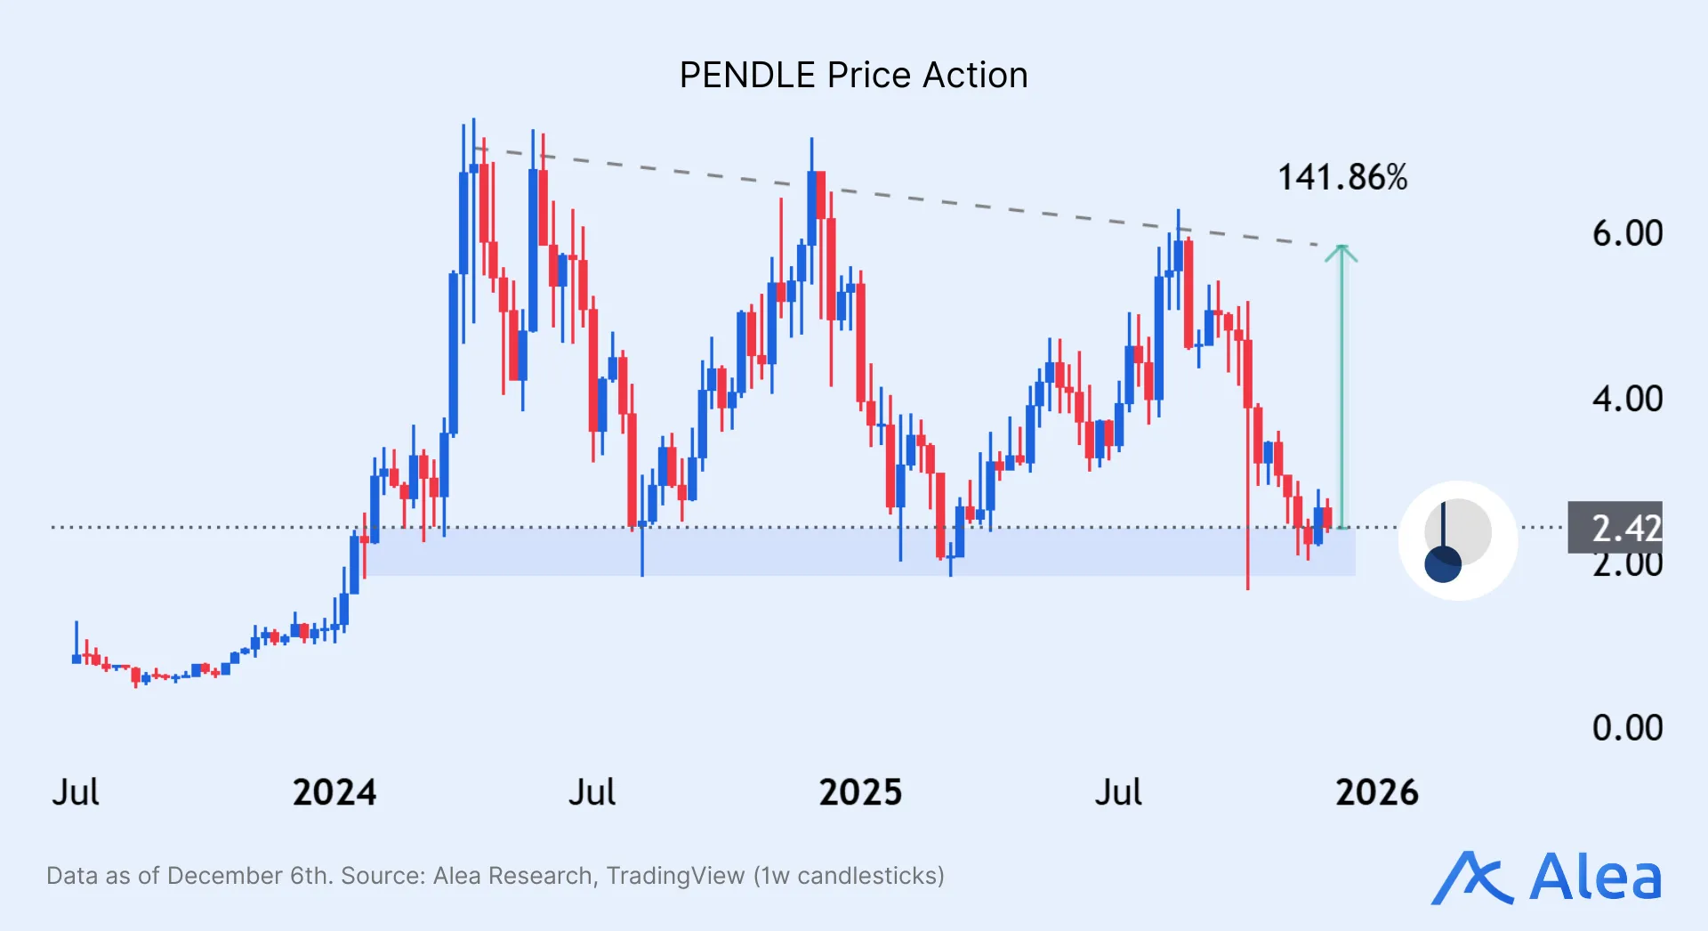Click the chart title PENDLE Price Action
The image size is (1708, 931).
853,76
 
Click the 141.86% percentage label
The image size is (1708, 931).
1342,177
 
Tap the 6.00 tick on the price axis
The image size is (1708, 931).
1627,233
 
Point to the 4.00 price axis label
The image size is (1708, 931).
1627,399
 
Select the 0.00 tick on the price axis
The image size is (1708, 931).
1627,728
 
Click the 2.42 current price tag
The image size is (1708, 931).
1615,528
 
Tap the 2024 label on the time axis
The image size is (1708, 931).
334,792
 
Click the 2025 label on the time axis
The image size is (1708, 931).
860,792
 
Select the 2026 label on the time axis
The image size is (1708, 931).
1377,792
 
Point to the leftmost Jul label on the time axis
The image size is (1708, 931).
76,792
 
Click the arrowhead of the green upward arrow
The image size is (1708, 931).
1341,254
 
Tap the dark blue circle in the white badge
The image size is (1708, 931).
1443,564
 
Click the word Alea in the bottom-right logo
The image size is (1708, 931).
1595,878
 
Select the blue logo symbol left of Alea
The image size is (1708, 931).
1471,878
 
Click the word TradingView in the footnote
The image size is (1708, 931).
675,876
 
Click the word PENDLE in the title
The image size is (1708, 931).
747,76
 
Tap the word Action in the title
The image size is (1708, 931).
975,76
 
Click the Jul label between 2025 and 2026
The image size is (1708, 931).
1118,792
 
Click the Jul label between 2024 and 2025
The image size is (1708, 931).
592,792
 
